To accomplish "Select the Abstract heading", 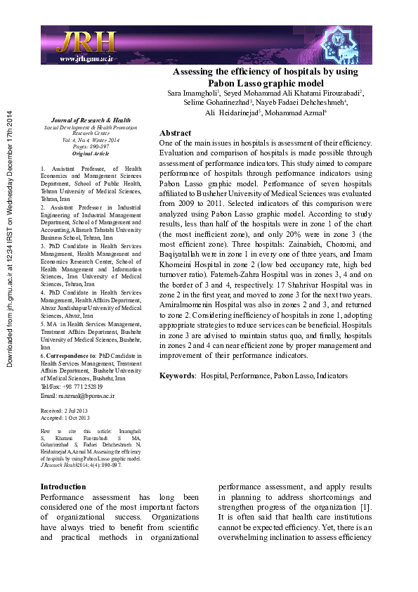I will pos(175,133).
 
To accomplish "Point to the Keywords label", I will pos(177,375).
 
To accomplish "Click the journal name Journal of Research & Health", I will pos(81,120).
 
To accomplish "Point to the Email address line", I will pos(77,396).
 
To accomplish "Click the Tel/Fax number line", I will pos(72,387).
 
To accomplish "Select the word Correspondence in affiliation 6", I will pos(69,356).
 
